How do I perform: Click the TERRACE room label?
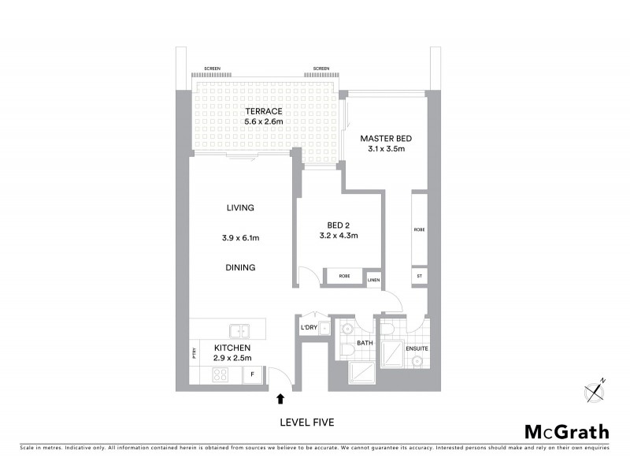tap(263, 111)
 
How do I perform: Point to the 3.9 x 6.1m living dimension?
tap(240, 237)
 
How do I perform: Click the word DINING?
tap(240, 267)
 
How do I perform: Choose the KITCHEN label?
tap(232, 348)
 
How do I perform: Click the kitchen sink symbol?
tap(239, 330)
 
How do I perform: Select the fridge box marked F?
tap(252, 374)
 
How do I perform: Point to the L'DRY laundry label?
tap(309, 327)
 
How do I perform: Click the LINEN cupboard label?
tap(373, 280)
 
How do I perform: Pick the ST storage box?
tap(420, 276)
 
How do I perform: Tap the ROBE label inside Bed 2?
tap(344, 276)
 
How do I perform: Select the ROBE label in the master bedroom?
tap(420, 229)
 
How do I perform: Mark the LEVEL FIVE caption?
tap(307, 423)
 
